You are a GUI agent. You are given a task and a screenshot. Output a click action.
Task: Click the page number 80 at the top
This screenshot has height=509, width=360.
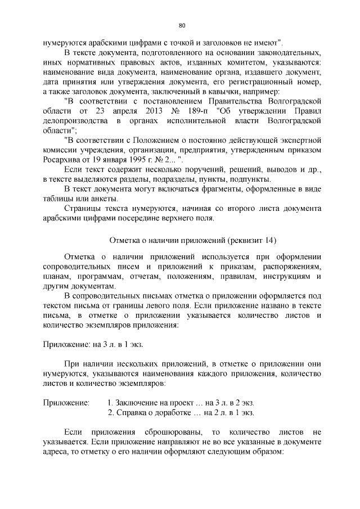(182, 25)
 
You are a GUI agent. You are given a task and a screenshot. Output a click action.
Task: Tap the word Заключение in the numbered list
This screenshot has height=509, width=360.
(136, 403)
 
